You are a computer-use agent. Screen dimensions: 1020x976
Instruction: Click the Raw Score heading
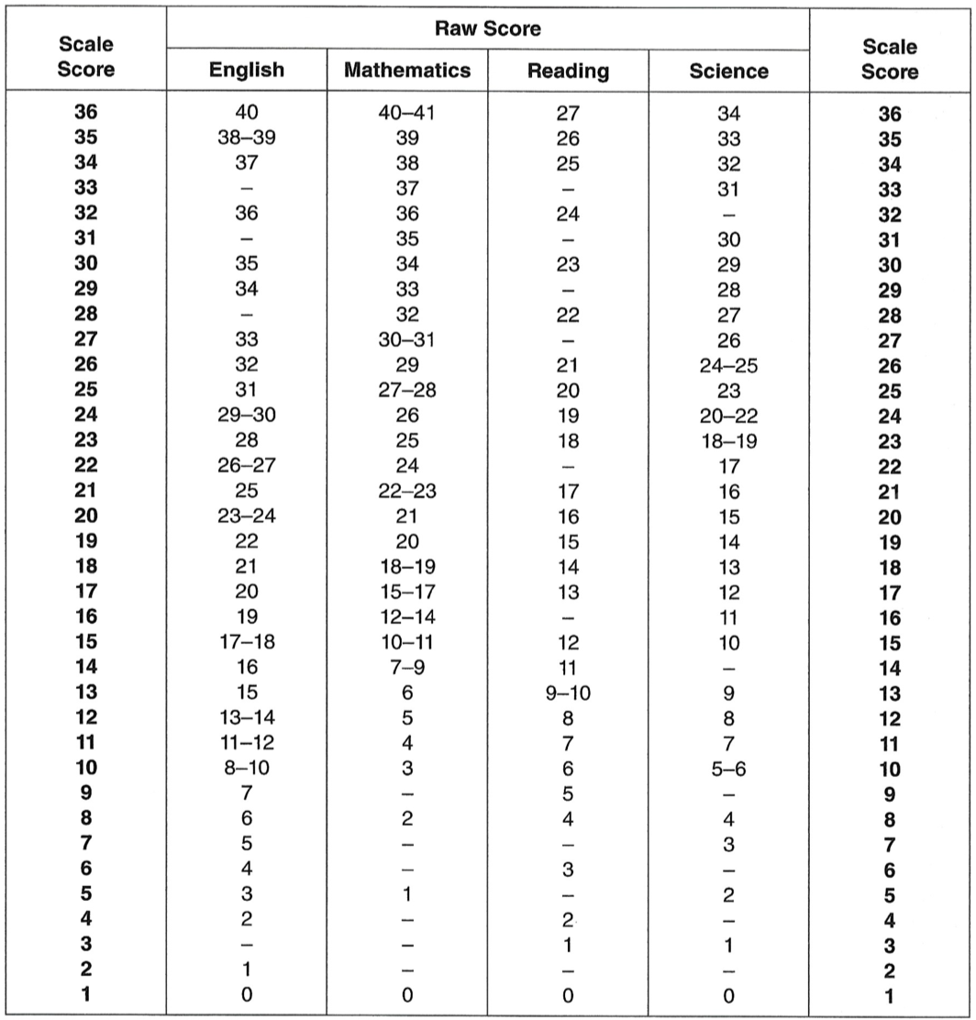487,28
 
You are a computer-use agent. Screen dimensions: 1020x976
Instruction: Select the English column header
247,71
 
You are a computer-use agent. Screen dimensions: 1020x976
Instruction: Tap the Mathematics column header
407,71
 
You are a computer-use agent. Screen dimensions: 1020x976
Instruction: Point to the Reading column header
568,71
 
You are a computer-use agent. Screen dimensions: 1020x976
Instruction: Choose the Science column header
728,71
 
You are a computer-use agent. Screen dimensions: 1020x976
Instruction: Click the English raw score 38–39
247,139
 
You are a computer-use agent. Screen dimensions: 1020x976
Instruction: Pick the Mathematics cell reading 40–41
407,114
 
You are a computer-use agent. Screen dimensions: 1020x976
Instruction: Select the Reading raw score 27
568,114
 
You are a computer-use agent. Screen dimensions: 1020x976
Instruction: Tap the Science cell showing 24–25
728,364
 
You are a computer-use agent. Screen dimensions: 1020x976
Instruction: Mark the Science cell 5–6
728,768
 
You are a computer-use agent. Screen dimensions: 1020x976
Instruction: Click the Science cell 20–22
728,415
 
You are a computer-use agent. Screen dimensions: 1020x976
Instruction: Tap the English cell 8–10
247,768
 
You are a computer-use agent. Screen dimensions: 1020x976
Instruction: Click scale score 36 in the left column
88,114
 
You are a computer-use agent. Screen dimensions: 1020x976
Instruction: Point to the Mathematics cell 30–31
407,339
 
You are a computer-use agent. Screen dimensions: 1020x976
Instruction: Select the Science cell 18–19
728,439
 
